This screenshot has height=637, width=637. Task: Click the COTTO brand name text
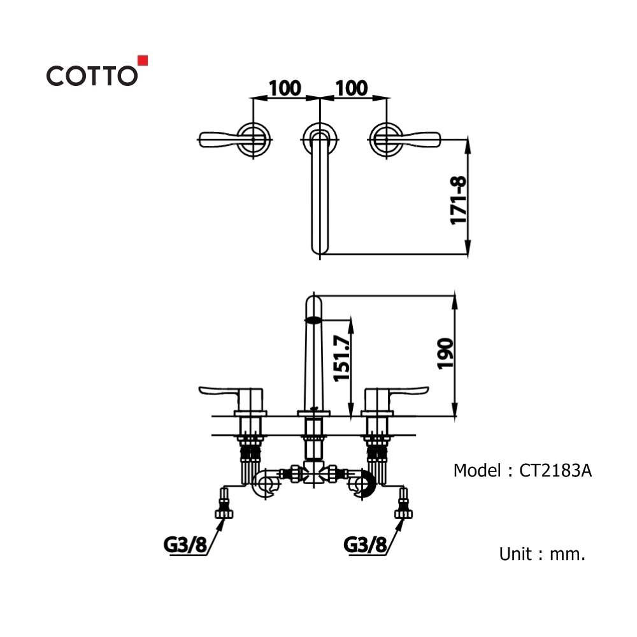[92, 76]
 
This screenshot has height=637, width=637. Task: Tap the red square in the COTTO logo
[143, 60]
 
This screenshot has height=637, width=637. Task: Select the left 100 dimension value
[285, 88]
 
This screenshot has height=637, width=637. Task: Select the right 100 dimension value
[352, 88]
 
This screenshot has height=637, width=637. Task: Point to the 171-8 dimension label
[458, 200]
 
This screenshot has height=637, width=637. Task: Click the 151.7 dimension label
[341, 358]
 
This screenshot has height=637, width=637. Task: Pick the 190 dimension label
[445, 354]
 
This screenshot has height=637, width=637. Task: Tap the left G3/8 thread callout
[185, 545]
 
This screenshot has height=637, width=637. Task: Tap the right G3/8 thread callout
[365, 545]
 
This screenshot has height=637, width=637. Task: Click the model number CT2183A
[555, 471]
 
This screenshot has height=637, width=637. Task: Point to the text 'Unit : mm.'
[542, 554]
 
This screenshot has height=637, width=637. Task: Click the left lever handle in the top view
[218, 139]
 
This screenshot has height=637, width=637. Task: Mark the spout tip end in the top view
[320, 254]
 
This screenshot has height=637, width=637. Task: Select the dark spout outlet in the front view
[313, 320]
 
